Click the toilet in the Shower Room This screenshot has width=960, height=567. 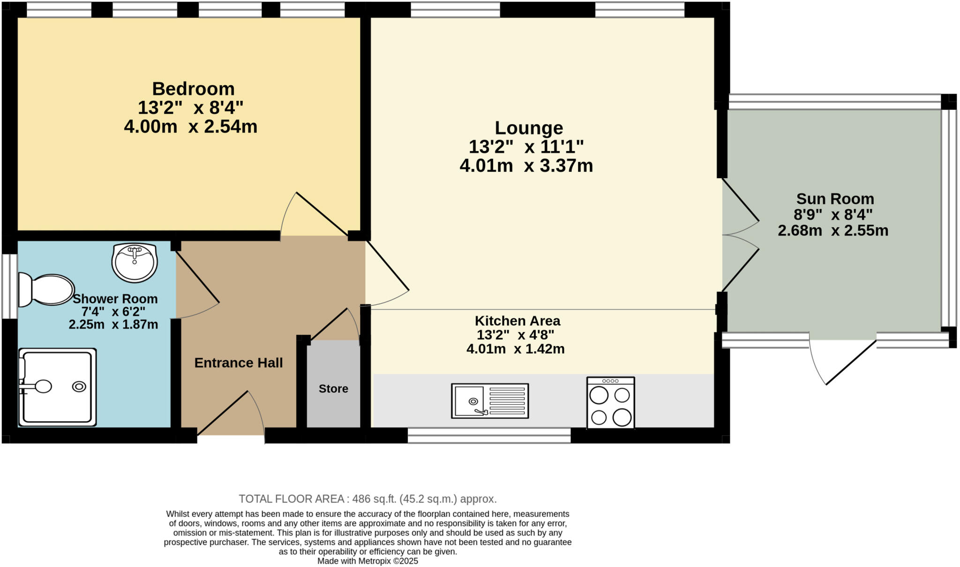click(47, 290)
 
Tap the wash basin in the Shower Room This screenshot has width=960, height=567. click(135, 263)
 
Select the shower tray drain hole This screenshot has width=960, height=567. click(79, 386)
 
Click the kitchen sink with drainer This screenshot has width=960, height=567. click(490, 401)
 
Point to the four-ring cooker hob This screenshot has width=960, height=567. click(610, 403)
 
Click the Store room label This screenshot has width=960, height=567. click(333, 389)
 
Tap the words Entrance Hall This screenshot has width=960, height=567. click(238, 363)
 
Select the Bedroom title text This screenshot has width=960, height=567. click(193, 89)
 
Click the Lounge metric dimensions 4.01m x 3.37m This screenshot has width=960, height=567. click(526, 166)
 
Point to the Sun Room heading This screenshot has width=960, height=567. click(835, 199)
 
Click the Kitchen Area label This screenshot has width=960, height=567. click(517, 321)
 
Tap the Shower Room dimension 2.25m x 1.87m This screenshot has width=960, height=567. click(113, 325)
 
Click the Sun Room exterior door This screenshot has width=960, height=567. click(844, 361)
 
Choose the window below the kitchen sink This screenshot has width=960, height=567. click(489, 436)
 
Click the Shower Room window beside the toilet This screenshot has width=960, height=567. click(9, 286)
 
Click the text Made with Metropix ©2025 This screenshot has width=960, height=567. click(367, 561)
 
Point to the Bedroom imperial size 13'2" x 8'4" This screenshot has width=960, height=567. click(190, 108)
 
